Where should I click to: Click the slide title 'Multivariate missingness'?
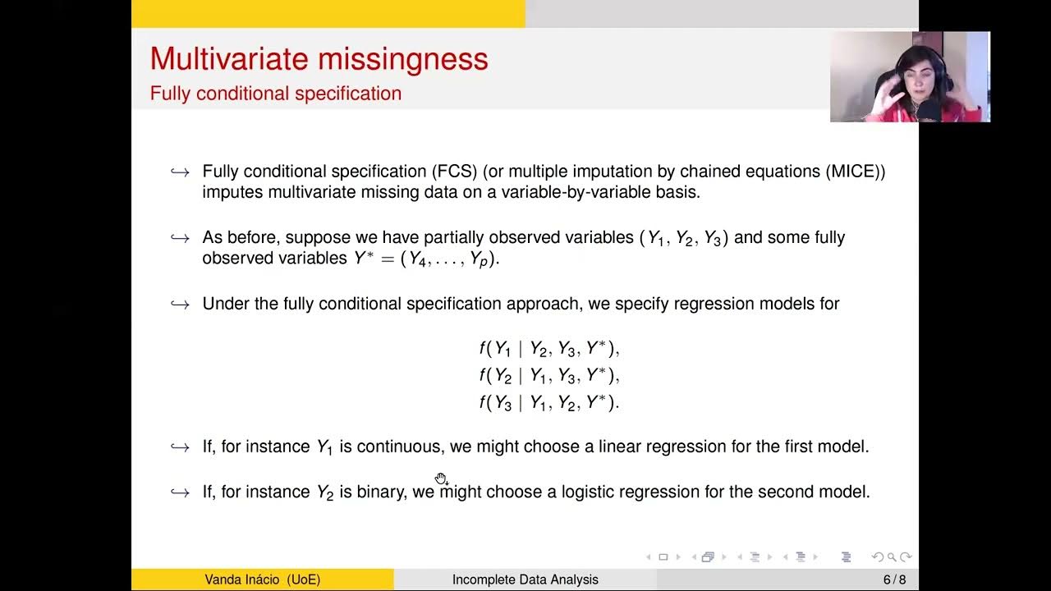319,59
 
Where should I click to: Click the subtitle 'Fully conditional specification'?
275,94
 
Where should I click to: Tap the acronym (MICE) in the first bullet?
856,172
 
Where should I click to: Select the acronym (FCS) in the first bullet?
455,172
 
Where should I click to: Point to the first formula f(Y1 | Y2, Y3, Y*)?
548,349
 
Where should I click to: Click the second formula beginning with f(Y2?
548,376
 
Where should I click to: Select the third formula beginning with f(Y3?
548,403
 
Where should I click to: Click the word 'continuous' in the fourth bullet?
398,447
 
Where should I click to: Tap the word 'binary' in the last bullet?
381,492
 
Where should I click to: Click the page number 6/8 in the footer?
894,580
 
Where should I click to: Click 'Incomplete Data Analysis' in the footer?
525,580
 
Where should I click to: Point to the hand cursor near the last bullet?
441,479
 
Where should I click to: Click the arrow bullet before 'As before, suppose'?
180,238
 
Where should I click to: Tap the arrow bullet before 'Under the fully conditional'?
180,305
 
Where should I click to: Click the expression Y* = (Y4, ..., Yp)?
425,259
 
